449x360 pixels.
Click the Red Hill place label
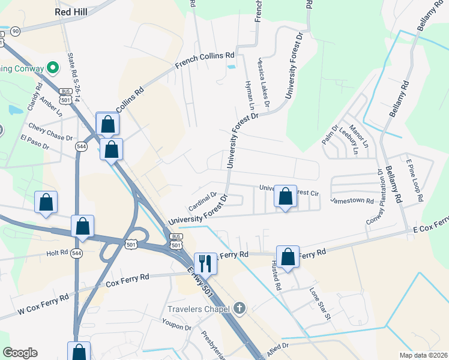coord(71,11)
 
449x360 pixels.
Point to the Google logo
coord(20,353)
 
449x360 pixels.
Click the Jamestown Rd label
coord(352,200)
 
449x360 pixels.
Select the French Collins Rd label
coord(205,61)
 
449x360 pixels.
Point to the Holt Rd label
coord(58,253)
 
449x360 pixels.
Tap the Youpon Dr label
coord(176,328)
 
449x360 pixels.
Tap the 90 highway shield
coord(15,31)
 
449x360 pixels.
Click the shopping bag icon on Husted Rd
coord(288,256)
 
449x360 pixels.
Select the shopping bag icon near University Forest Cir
coord(285,196)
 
